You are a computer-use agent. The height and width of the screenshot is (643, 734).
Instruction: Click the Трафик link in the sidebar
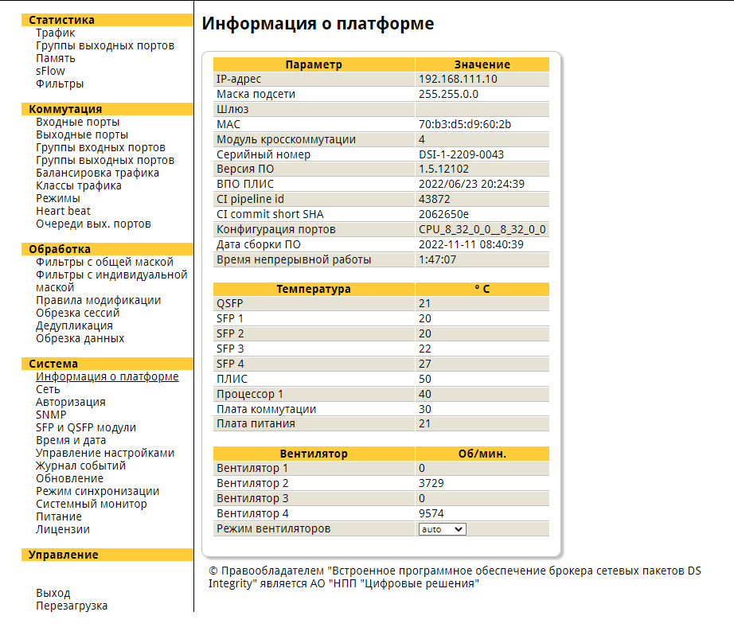pyautogui.click(x=56, y=33)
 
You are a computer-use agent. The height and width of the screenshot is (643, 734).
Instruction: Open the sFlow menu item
pyautogui.click(x=50, y=71)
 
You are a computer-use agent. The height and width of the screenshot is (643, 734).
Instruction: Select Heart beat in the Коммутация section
pyautogui.click(x=63, y=211)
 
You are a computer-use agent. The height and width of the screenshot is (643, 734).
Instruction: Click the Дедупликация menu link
pyautogui.click(x=74, y=325)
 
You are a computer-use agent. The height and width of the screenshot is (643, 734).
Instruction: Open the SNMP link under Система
pyautogui.click(x=51, y=415)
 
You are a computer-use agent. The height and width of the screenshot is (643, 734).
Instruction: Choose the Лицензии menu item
pyautogui.click(x=63, y=529)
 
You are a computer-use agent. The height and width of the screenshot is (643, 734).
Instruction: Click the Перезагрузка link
pyautogui.click(x=72, y=606)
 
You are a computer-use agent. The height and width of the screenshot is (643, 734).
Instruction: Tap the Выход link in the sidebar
pyautogui.click(x=53, y=593)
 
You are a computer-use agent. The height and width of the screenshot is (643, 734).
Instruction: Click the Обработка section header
pyautogui.click(x=60, y=249)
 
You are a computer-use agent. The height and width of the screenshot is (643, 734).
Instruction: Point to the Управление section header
pyautogui.click(x=64, y=555)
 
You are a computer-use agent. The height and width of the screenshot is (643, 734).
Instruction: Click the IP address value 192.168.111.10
pyautogui.click(x=458, y=79)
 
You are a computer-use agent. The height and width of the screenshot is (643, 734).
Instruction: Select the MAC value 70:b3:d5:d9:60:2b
pyautogui.click(x=465, y=124)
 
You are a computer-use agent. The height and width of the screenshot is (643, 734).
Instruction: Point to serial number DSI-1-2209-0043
pyautogui.click(x=461, y=154)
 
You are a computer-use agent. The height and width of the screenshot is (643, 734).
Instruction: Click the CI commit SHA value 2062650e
pyautogui.click(x=443, y=214)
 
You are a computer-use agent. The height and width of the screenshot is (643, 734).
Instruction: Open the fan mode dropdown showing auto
pyautogui.click(x=442, y=528)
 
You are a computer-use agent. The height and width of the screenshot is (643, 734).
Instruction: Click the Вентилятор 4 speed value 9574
pyautogui.click(x=431, y=513)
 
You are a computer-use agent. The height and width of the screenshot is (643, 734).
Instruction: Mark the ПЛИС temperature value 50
pyautogui.click(x=425, y=379)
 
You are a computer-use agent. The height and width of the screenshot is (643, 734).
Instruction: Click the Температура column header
pyautogui.click(x=314, y=289)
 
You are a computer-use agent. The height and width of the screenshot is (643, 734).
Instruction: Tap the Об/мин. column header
pyautogui.click(x=482, y=454)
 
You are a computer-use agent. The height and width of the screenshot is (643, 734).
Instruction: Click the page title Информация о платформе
pyautogui.click(x=318, y=24)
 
